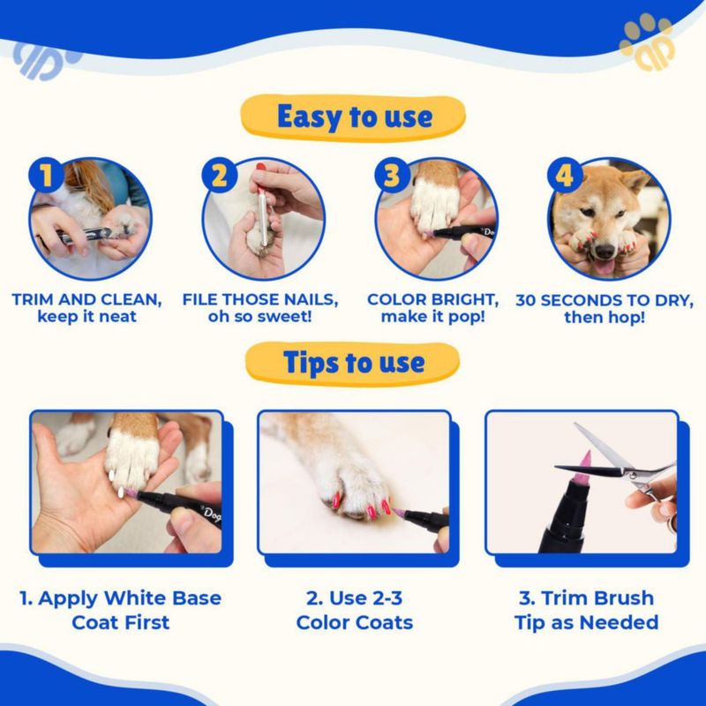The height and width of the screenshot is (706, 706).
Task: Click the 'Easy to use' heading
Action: tap(355, 117)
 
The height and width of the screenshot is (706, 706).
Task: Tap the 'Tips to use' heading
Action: tap(354, 363)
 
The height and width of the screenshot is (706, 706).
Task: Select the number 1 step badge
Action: tap(46, 175)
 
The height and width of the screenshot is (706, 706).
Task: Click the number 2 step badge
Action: tap(219, 175)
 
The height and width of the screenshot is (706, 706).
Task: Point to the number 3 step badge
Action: tap(392, 175)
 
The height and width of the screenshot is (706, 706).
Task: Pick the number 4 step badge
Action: tap(565, 175)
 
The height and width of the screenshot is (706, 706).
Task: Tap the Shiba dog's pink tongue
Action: tap(604, 267)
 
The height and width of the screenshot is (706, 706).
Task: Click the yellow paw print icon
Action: tap(648, 41)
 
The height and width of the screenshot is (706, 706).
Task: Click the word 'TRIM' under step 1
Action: tap(33, 300)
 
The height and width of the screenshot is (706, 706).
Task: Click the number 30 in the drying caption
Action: tap(526, 301)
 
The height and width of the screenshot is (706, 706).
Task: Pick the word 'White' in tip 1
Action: tap(135, 598)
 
